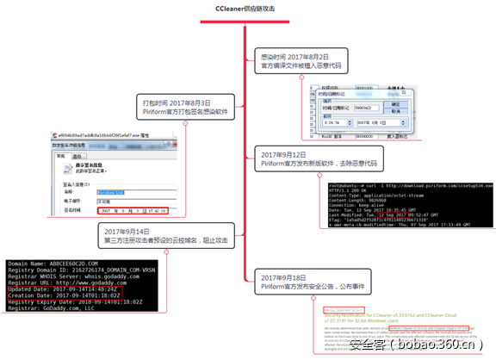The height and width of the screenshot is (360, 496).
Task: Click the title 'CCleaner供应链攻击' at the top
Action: (247, 8)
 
